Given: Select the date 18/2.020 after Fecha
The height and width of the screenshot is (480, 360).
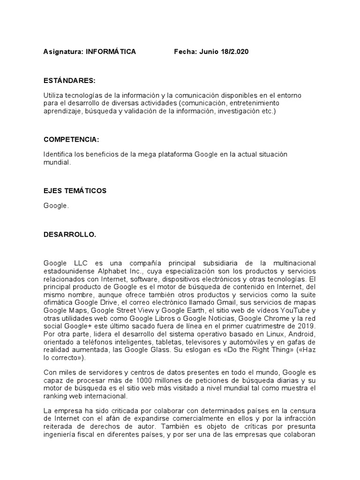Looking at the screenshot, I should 234,52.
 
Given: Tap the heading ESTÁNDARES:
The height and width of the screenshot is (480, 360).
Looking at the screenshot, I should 69,81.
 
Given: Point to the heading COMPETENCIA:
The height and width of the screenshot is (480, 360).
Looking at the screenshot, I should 71,140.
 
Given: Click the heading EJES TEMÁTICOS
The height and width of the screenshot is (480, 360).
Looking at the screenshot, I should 75,191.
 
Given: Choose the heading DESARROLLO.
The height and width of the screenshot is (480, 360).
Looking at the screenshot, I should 70,234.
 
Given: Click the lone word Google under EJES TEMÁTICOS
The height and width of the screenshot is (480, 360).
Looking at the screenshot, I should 56,205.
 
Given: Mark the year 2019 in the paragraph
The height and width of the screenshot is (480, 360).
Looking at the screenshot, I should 307,326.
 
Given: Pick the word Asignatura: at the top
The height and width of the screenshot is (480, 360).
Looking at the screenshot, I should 63,52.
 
